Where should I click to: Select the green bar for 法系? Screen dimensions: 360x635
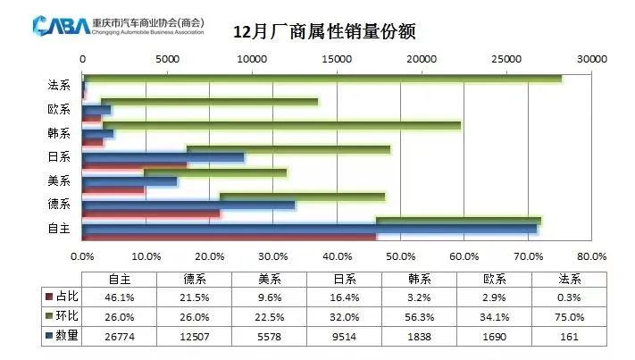[x=322, y=79]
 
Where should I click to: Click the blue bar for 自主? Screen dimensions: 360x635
[x=309, y=229]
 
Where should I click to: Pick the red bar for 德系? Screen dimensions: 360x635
[x=151, y=213]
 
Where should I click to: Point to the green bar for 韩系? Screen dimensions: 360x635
[x=281, y=125]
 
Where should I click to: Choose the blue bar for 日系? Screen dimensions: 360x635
[x=163, y=157]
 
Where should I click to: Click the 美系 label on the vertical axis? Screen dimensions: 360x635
[x=59, y=180]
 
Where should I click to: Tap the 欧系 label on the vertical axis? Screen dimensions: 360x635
[x=59, y=109]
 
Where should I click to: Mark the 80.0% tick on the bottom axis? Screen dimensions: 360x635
[x=591, y=256]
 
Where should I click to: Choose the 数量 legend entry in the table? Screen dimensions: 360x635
[x=63, y=337]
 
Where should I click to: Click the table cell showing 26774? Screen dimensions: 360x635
[x=120, y=337]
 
